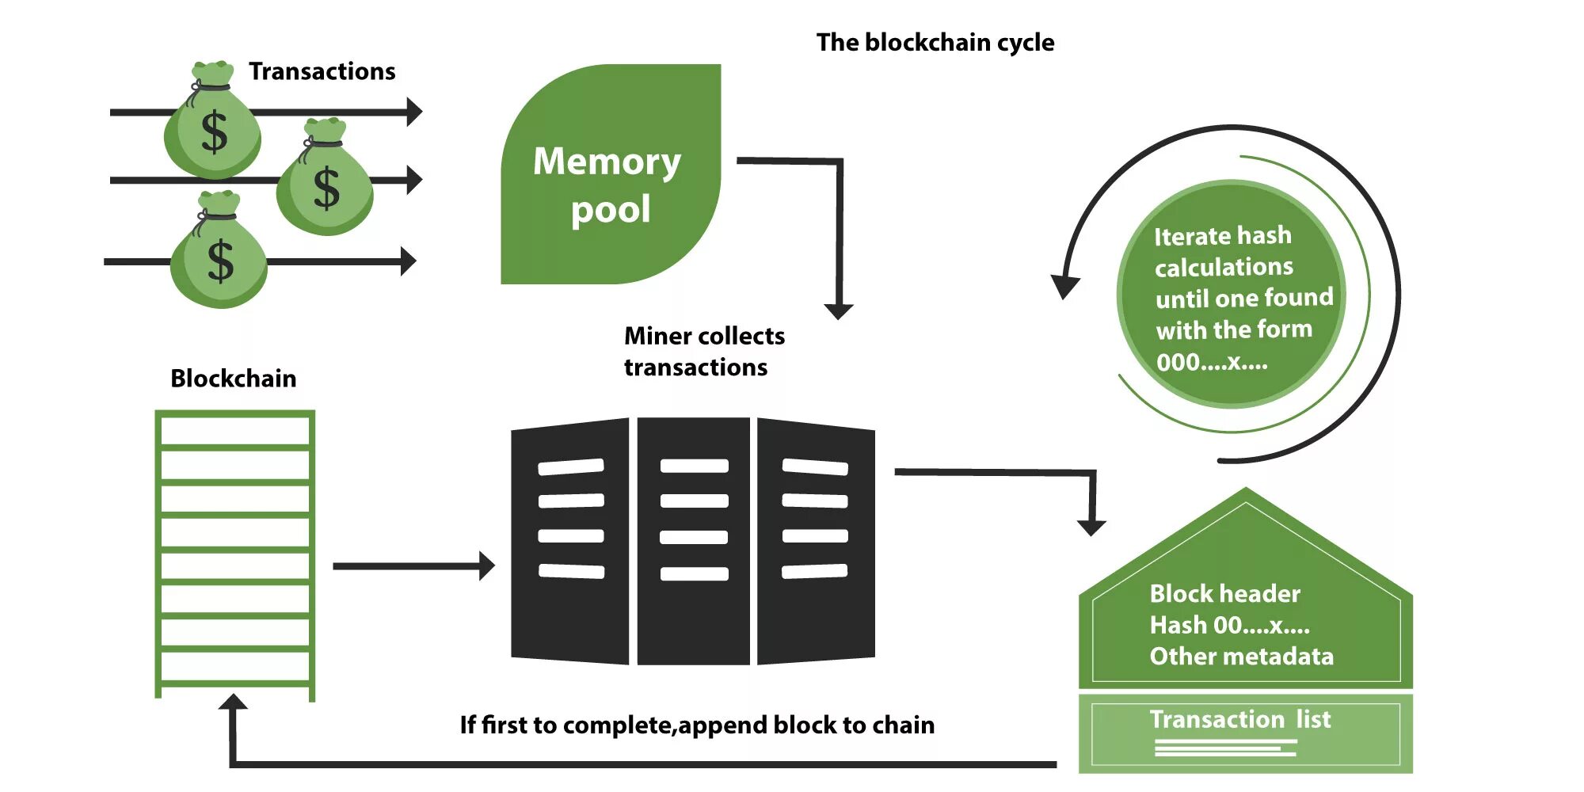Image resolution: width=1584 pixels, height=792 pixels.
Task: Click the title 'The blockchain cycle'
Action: coord(935,42)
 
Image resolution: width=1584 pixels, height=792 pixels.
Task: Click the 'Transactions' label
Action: coord(322,71)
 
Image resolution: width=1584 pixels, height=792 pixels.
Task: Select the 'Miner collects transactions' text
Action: coord(703,351)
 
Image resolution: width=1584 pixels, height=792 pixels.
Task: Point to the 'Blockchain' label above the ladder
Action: coord(233,379)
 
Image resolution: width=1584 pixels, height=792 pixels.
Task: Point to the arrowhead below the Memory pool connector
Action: coord(839,310)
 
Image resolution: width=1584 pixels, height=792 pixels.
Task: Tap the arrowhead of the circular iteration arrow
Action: coord(1065,286)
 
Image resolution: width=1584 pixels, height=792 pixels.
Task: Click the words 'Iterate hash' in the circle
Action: coord(1222,236)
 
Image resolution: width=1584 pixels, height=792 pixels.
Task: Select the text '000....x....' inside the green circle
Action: coord(1212,363)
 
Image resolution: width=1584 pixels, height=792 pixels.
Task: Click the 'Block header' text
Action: coord(1224,593)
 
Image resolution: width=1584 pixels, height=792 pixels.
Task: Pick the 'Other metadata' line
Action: coord(1241,657)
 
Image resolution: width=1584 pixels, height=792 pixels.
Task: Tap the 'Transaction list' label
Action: coord(1240,719)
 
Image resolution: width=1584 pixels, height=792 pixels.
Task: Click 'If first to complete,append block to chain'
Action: coord(697,725)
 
